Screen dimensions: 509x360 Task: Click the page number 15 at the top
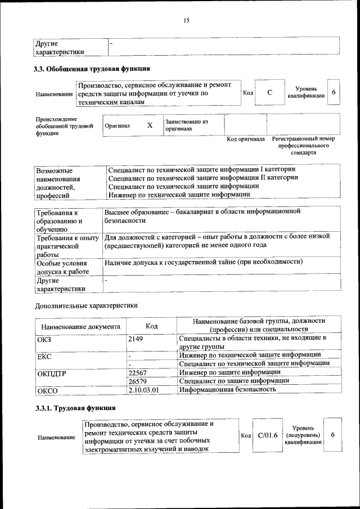coord(186,21)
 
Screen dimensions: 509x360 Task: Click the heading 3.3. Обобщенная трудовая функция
coord(92,70)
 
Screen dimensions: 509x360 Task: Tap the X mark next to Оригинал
coord(150,125)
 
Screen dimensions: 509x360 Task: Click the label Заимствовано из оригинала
coord(186,125)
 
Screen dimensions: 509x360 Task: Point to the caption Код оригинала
coord(245,139)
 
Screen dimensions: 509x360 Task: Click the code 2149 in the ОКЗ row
coord(137,339)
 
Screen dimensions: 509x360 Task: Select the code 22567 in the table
coord(137,372)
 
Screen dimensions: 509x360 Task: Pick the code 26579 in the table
coord(137,381)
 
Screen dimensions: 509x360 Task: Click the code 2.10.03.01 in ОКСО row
coord(144,389)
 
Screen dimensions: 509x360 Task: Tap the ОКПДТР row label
coord(52,373)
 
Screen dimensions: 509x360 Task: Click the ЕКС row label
coord(44,356)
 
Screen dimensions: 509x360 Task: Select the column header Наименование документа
coord(80,326)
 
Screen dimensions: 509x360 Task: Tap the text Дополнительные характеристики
coord(86,305)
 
